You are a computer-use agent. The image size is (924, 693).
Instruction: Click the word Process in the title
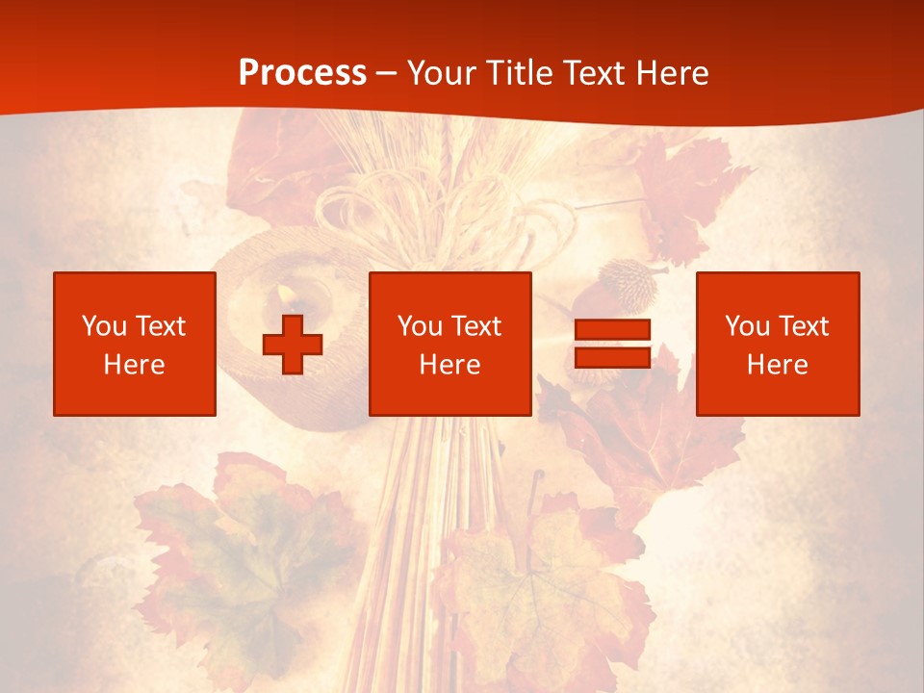(x=302, y=72)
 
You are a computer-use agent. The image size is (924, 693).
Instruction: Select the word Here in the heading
(x=671, y=72)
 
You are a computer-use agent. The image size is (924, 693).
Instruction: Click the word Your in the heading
(x=441, y=72)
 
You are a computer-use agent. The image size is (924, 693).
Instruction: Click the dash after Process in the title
(x=387, y=73)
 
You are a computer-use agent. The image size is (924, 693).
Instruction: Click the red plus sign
(x=293, y=344)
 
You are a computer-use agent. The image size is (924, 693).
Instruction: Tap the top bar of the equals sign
(x=612, y=330)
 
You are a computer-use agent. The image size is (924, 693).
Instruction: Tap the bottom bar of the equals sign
(x=612, y=357)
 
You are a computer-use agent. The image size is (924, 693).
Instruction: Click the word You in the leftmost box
(x=102, y=326)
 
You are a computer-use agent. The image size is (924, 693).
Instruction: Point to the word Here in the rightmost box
(x=777, y=365)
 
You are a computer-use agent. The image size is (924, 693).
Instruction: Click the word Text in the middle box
(x=475, y=326)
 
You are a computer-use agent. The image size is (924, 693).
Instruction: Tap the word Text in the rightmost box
(x=803, y=326)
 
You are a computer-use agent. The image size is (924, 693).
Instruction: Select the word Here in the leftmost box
(x=134, y=365)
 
